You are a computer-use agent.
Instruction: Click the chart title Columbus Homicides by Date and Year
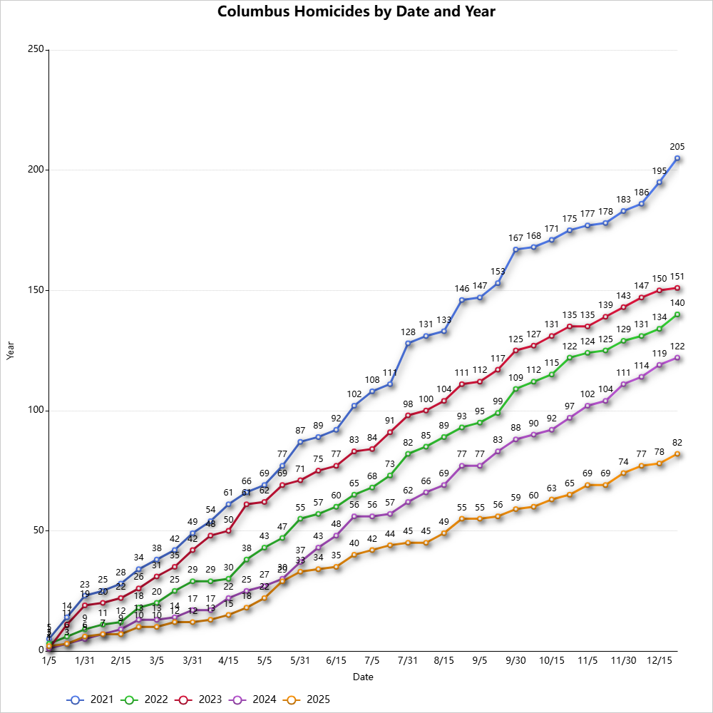(x=356, y=11)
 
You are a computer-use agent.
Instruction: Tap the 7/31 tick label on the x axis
(x=408, y=661)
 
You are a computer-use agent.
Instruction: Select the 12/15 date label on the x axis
(x=660, y=661)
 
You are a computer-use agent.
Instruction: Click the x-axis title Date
(x=364, y=677)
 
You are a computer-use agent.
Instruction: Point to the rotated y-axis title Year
(x=10, y=350)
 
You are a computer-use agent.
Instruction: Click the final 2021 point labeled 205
(x=677, y=158)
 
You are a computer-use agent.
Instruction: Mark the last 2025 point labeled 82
(x=677, y=453)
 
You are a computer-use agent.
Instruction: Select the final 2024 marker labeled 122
(x=677, y=358)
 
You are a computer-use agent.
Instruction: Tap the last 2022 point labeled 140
(x=677, y=314)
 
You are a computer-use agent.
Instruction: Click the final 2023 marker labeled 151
(x=677, y=288)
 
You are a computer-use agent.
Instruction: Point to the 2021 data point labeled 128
(x=408, y=343)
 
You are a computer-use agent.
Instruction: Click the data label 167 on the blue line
(x=515, y=237)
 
